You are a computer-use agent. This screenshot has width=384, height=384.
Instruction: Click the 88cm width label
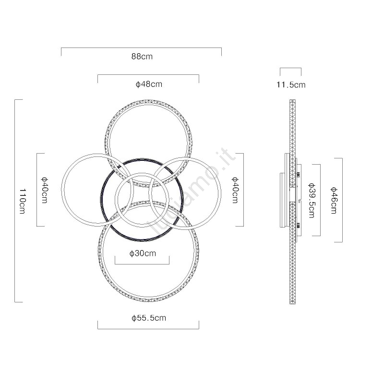coord(142,57)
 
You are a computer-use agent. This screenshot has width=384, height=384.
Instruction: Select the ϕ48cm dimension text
coord(149,84)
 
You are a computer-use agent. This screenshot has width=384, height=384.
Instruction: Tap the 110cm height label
coord(23,201)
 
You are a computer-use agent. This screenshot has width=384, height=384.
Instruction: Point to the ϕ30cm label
coord(143,253)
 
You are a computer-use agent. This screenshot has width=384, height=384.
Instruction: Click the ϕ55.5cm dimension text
coord(149,318)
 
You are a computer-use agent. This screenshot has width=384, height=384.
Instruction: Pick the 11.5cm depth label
coord(291,85)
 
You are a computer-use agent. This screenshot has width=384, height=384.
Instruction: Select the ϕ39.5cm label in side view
coord(312,200)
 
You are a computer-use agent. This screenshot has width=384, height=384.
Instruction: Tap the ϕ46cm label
coord(334,200)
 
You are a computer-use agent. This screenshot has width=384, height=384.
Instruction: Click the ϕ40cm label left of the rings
coord(44,190)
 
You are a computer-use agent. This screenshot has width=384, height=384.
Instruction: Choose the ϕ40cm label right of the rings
coord(235,190)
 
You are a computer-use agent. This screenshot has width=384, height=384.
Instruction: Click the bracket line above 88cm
coord(141,48)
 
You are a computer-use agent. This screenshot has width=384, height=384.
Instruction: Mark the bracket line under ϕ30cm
coord(142,264)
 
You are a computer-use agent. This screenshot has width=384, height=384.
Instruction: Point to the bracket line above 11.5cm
coord(291,68)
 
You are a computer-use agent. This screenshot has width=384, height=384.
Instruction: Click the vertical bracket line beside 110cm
coord(15,201)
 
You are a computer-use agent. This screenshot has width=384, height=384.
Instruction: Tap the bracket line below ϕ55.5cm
coord(148,329)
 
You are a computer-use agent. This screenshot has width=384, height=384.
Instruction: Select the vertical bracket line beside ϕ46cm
coord(342,200)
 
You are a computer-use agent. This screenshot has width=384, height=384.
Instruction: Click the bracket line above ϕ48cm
coord(148,75)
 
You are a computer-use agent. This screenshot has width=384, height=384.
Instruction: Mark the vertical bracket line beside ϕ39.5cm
coord(320,200)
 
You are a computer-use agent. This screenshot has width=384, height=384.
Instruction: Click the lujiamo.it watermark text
coord(192,192)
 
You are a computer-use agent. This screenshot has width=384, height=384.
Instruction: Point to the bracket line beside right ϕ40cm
coord(243,190)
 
